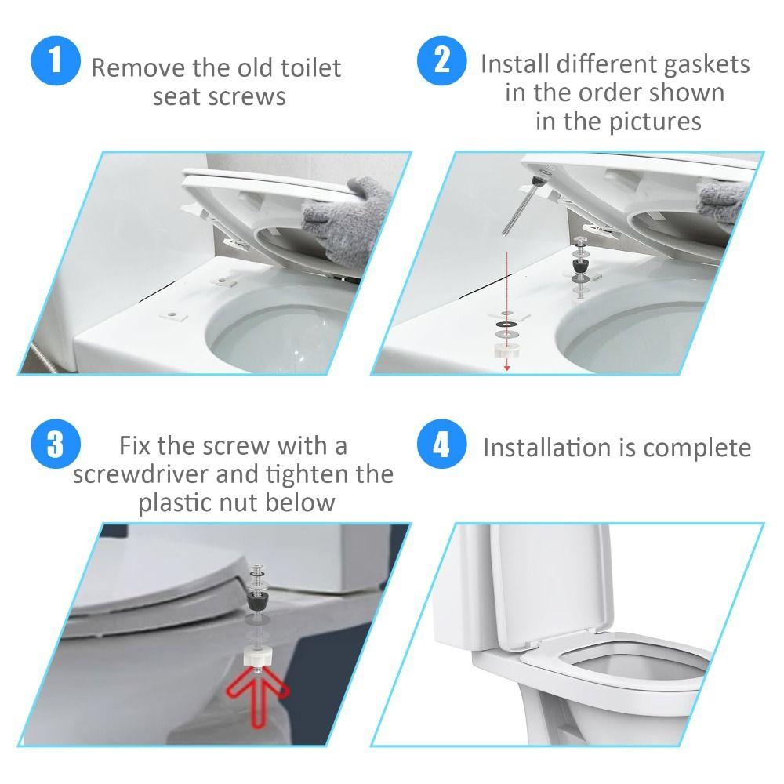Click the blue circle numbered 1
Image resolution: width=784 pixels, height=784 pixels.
[x=56, y=62]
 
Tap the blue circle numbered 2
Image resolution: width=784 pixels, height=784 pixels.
[x=443, y=62]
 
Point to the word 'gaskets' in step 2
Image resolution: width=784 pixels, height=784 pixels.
[x=703, y=64]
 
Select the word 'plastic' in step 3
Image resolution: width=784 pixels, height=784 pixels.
[x=175, y=503]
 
